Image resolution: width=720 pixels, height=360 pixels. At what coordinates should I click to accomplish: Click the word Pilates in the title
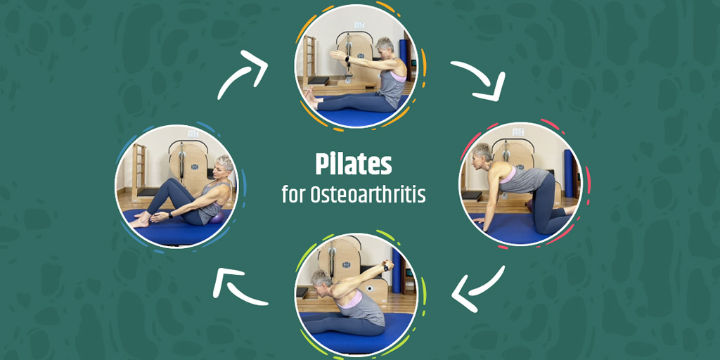tap(352, 165)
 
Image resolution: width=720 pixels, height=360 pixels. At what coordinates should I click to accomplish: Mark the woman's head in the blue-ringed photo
tap(224, 167)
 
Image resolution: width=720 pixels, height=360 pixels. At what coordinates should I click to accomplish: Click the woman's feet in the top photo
tap(310, 101)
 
